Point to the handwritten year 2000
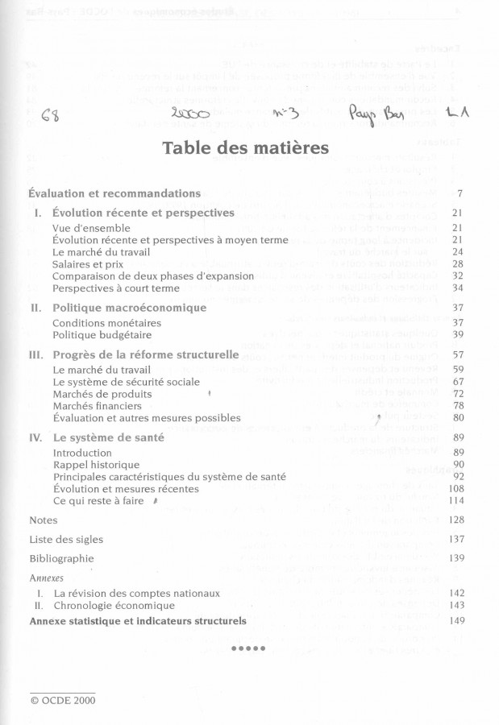pyautogui.click(x=191, y=114)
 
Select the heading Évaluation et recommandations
pyautogui.click(x=114, y=193)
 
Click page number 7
pyautogui.click(x=459, y=194)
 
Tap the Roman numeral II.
pyautogui.click(x=35, y=308)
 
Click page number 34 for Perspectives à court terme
pyautogui.click(x=457, y=288)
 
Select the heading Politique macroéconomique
pyautogui.click(x=129, y=308)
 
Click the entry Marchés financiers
pyautogui.click(x=102, y=406)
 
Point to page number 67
pyautogui.click(x=457, y=382)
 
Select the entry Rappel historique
pyautogui.click(x=96, y=465)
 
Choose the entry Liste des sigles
pyautogui.click(x=66, y=539)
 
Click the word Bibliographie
pyautogui.click(x=61, y=558)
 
